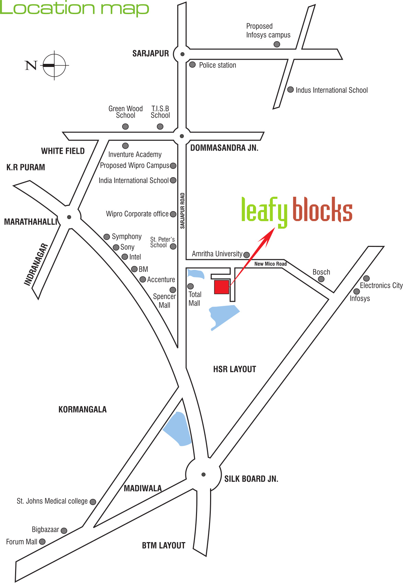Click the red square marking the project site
coord(221,287)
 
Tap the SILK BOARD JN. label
coord(251,479)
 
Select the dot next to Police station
coord(192,65)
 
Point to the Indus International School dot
coord(290,90)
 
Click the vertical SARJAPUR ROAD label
coord(182,210)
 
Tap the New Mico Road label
coord(270,264)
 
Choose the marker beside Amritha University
coord(246,255)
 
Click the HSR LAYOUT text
coord(235,369)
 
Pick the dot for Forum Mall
coord(42,541)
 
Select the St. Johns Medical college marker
coord(93,502)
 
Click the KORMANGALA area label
coord(82,409)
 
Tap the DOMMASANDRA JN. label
coord(224,148)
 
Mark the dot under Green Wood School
coord(125,126)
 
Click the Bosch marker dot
coord(321,279)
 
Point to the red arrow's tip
coord(275,228)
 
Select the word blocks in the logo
coord(323,209)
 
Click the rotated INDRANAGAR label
coord(36,264)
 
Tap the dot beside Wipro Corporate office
coord(173,214)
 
